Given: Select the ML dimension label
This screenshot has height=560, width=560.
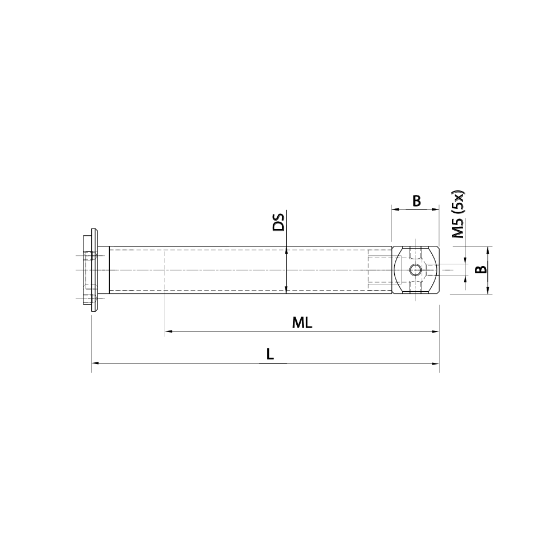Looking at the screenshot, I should click(x=301, y=323).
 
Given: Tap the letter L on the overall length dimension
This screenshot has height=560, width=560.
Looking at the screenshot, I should click(x=270, y=354).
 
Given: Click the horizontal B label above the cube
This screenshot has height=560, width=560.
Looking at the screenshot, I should click(x=416, y=201).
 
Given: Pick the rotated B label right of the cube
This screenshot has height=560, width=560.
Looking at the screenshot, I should click(x=480, y=270).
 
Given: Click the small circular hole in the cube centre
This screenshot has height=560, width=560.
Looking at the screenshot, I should click(x=415, y=270).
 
